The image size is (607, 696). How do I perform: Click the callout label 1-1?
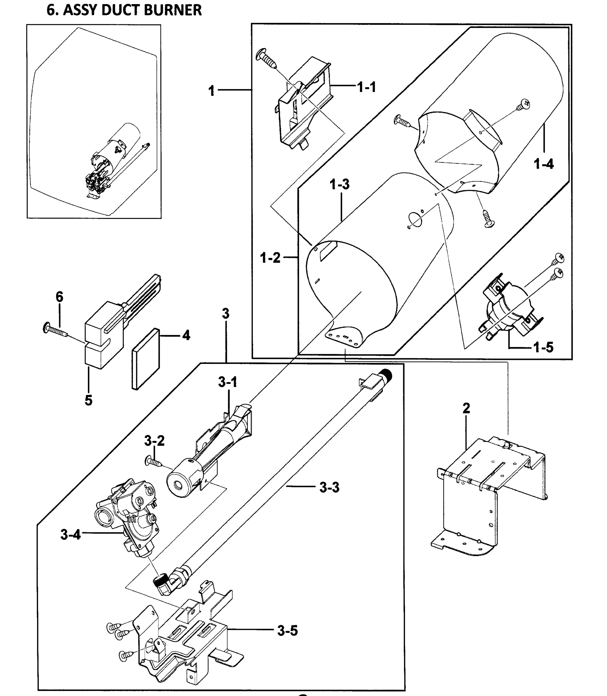(x=366, y=87)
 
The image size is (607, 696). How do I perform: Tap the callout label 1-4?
(x=543, y=164)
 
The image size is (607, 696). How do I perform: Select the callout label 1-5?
(x=543, y=347)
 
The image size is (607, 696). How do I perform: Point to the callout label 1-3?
(x=339, y=185)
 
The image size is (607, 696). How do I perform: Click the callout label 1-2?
(x=270, y=258)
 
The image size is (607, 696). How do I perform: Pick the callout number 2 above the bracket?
(x=466, y=408)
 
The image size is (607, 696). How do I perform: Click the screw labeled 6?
(x=56, y=330)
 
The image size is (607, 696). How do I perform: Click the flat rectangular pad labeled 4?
(x=146, y=359)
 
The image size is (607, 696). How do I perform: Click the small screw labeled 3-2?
(x=154, y=461)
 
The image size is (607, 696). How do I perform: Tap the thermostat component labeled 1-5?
(x=508, y=307)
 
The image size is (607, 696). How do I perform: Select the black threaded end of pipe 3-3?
(x=386, y=374)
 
